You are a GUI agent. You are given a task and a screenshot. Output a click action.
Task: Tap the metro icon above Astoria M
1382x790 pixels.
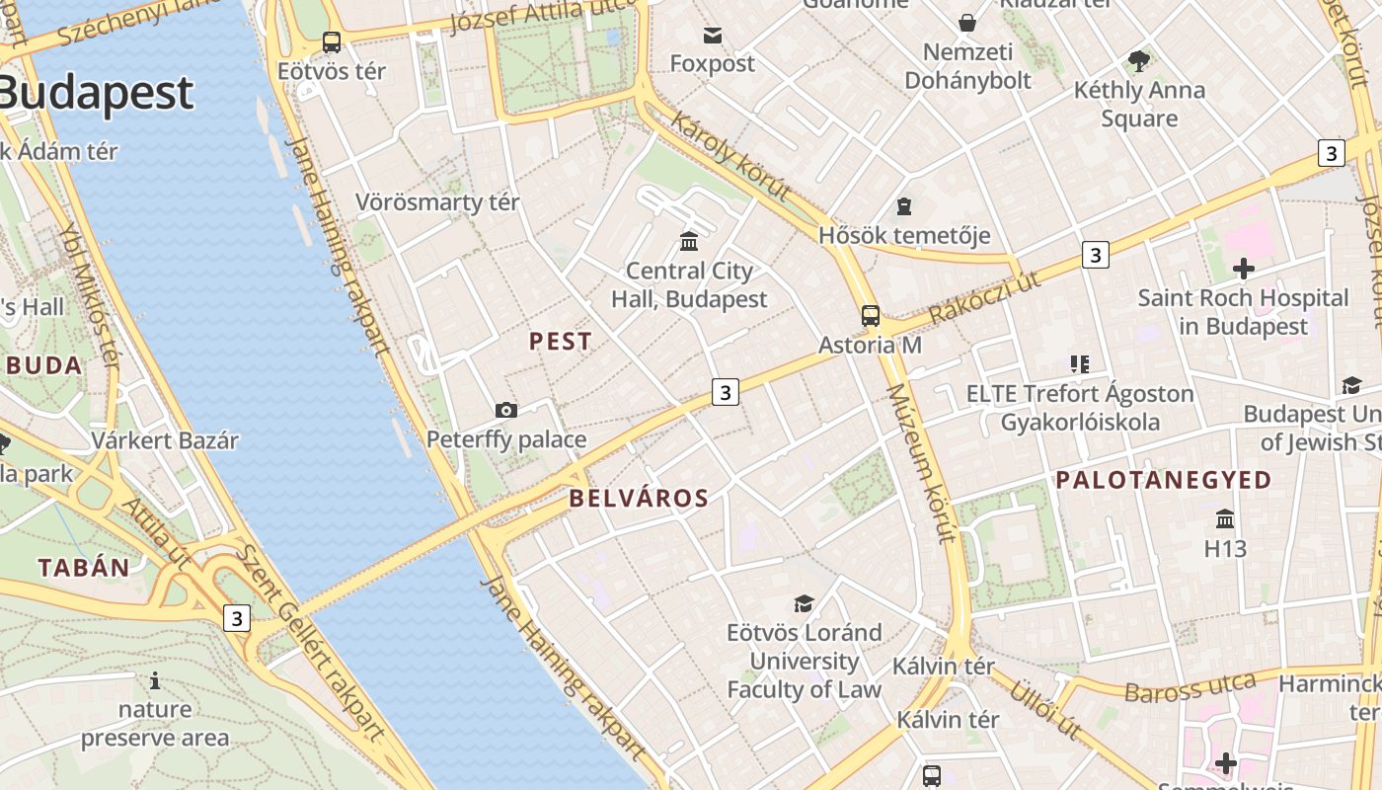tap(870, 316)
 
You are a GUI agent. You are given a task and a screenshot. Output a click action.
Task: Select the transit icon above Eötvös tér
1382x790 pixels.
tap(332, 42)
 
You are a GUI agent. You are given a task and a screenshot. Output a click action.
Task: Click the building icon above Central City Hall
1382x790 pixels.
tap(689, 241)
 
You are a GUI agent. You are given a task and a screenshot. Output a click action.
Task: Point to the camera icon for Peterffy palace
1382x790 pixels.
tap(506, 410)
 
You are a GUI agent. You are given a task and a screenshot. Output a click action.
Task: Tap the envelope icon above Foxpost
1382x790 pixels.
tap(712, 36)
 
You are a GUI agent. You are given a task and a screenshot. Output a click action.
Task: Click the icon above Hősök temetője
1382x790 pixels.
tap(903, 206)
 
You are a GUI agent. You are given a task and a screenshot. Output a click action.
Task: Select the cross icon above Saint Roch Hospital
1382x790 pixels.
tap(1243, 268)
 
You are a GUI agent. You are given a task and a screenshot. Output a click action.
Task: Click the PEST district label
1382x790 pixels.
tap(561, 342)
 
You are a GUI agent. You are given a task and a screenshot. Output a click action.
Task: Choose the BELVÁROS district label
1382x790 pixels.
tap(639, 499)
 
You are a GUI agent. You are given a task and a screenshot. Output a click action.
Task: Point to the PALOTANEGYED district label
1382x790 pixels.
tap(1164, 481)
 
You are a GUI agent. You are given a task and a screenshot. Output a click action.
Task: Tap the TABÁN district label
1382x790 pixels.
tap(84, 568)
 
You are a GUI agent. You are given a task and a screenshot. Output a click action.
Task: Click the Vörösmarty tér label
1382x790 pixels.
tap(437, 202)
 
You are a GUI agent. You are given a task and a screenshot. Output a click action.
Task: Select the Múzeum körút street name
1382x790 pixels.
tap(921, 462)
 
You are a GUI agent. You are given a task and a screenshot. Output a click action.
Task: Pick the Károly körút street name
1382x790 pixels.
tap(730, 155)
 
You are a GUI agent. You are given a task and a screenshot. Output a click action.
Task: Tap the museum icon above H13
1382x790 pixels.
tap(1225, 518)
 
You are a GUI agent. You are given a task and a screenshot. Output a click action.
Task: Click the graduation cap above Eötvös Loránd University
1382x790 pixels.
tap(804, 602)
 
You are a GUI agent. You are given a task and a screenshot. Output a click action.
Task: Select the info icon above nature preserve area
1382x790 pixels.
tap(155, 680)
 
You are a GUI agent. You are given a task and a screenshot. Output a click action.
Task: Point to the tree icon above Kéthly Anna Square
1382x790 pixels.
tap(1139, 61)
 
